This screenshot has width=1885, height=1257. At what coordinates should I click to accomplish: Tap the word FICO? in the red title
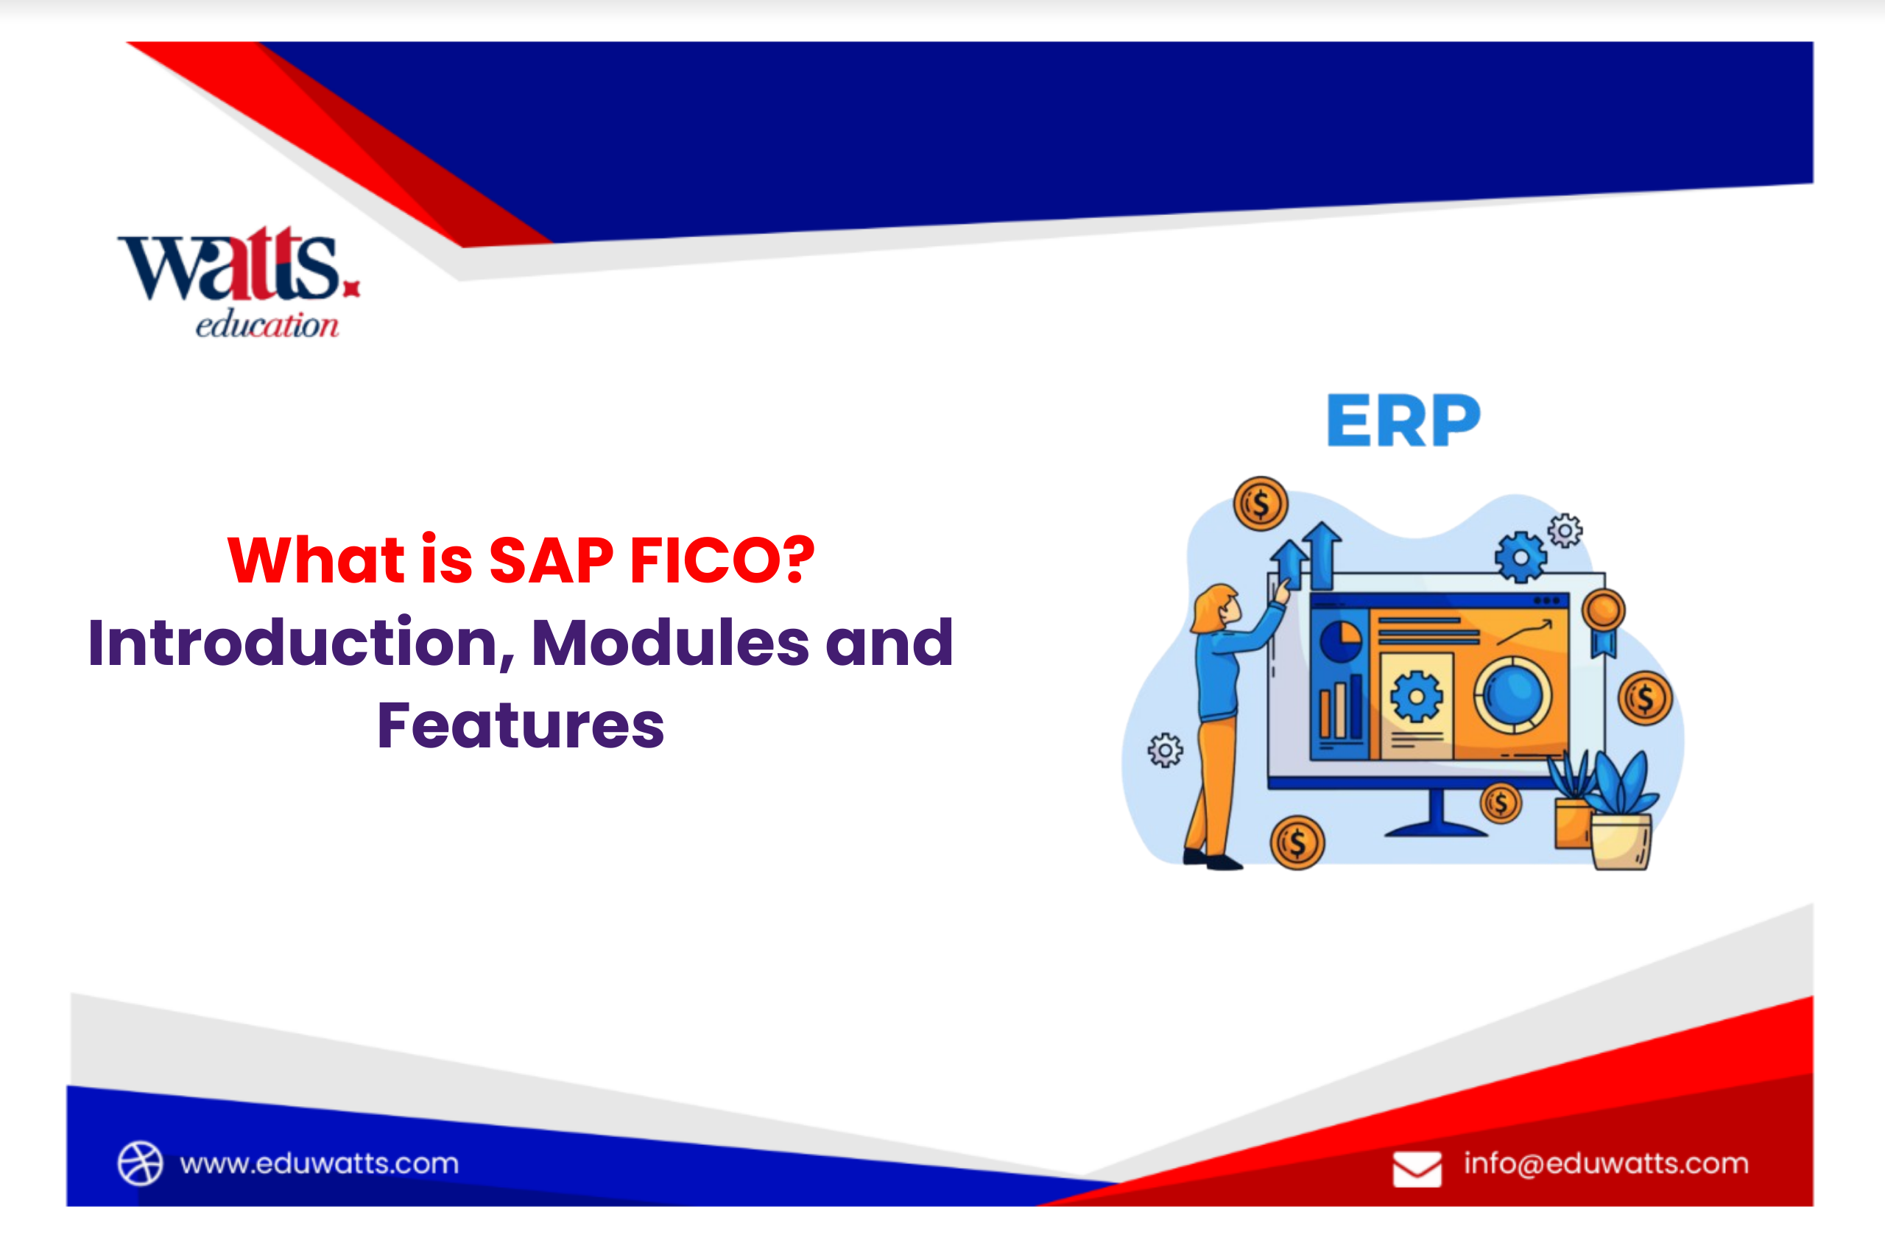pos(722,560)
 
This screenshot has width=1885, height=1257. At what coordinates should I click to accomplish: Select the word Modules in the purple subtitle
pos(670,643)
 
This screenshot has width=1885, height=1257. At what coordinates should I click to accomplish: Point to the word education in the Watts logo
pos(267,325)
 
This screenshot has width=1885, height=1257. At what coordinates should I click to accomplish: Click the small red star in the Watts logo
pos(351,289)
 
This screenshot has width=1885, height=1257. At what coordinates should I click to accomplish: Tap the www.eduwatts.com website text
pos(319,1163)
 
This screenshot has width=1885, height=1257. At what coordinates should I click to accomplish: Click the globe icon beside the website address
pos(140,1163)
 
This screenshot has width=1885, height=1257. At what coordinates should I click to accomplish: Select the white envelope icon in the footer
pos(1417,1169)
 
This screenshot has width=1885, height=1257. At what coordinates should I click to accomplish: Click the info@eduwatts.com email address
pos(1606,1163)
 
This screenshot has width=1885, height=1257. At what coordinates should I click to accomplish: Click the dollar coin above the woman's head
pos(1260,504)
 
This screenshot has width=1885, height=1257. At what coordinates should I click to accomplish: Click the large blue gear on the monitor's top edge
pos(1521,557)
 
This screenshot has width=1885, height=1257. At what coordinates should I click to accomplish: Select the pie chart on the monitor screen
pos(1341,641)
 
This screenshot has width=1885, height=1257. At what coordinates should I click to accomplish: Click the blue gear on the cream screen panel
pos(1416,697)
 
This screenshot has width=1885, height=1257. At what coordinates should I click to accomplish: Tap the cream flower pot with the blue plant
pos(1621,841)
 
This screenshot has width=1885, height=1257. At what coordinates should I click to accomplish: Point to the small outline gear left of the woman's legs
pos(1164,750)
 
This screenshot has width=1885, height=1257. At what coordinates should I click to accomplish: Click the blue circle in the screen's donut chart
pos(1512,694)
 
